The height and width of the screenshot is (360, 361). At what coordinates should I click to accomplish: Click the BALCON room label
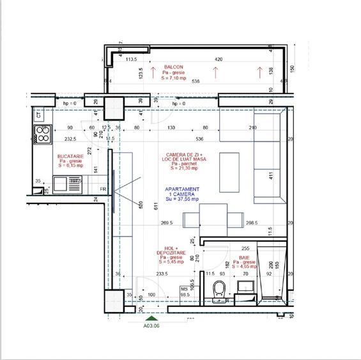[x=173, y=67]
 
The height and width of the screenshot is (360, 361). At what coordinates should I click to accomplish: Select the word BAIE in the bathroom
[x=245, y=258]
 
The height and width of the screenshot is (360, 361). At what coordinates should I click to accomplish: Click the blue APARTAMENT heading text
[x=182, y=190]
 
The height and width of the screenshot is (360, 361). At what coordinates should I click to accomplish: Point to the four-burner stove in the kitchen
[x=42, y=134]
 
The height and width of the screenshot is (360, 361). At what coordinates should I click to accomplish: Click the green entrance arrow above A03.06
[x=150, y=317]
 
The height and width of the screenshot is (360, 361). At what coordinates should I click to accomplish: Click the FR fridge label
[x=102, y=189]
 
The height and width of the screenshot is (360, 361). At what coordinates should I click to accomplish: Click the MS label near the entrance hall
[x=185, y=289]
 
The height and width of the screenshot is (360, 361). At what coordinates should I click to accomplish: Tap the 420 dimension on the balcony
[x=219, y=59]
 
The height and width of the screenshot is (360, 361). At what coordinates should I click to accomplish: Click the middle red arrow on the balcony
[x=215, y=72]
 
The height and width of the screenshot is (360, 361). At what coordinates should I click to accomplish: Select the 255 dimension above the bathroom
[x=245, y=249]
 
